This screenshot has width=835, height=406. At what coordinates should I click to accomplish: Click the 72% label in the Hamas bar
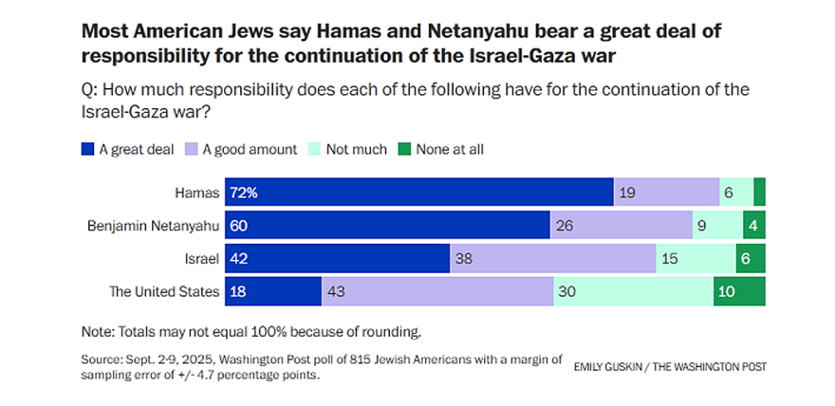[242, 193]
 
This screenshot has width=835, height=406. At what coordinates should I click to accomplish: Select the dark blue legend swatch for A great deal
[88, 149]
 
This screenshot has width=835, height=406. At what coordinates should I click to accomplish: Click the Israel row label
[202, 258]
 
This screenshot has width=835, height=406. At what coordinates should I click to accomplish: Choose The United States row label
[165, 291]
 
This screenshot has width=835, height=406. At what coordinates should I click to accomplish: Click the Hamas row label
[199, 193]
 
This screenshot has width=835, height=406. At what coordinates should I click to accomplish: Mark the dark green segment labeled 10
[738, 291]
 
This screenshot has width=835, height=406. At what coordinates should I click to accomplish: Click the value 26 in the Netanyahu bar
[564, 226]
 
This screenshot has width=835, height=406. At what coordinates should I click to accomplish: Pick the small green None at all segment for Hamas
[759, 193]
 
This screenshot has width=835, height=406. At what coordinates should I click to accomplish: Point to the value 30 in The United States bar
[566, 291]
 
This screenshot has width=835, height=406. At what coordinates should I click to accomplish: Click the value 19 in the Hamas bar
[627, 193]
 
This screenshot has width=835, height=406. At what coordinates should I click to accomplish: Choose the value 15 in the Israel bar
[669, 258]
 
